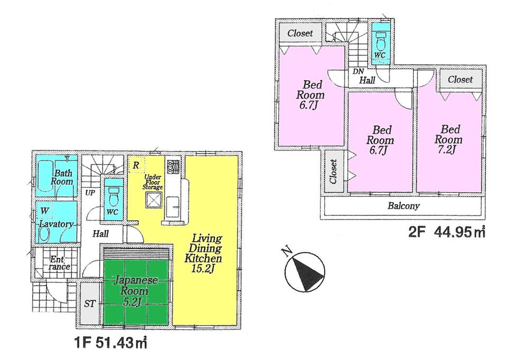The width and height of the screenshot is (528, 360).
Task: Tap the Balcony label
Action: coord(403,206)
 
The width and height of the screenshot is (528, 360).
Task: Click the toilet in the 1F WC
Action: coord(112,197)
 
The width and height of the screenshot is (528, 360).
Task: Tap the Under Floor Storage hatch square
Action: coord(155,200)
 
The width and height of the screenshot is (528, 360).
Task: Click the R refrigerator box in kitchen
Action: coord(136,165)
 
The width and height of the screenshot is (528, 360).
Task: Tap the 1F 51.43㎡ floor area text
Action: coord(109,344)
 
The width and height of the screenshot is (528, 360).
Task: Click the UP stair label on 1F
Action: coord(90,193)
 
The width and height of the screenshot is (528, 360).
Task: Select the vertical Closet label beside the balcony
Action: coord(333,172)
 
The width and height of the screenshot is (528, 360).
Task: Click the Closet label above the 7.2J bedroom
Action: coord(460,80)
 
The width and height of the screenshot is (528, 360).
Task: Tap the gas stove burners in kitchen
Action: coord(173,167)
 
